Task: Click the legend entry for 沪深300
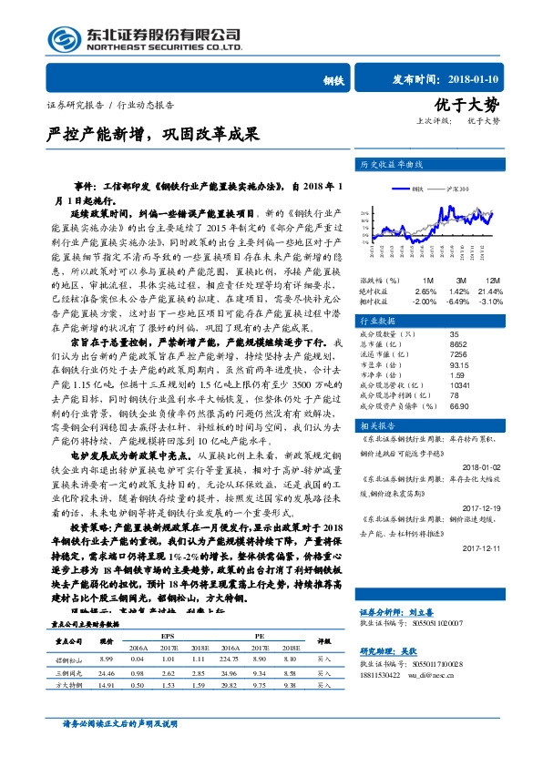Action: (x=451, y=189)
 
